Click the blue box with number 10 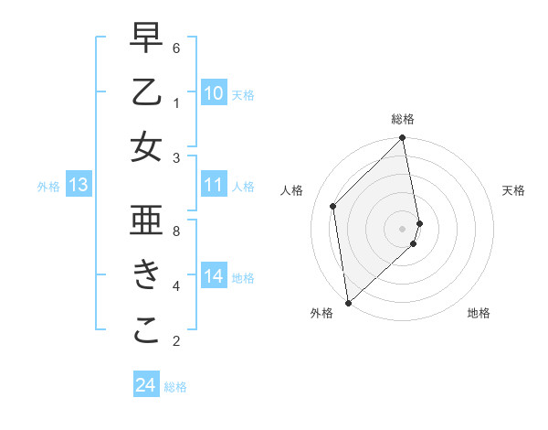coord(214,93)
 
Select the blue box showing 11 coord(214,186)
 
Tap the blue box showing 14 coord(214,276)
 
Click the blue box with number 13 coord(79,186)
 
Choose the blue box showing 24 coord(145,385)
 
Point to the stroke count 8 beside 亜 coord(176,231)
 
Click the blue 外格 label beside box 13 coord(48,187)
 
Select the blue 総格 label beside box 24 coord(175,387)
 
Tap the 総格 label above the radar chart coord(403,120)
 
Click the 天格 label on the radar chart coord(513,190)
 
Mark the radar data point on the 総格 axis coord(403,139)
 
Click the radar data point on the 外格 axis coord(348,302)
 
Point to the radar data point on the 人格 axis coord(333,206)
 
